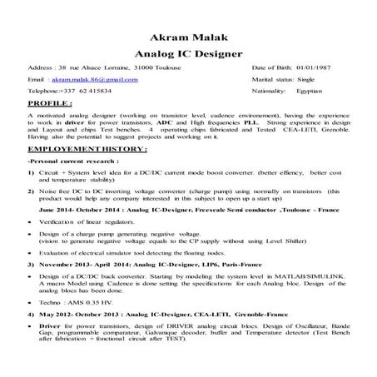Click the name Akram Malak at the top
[187, 37]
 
